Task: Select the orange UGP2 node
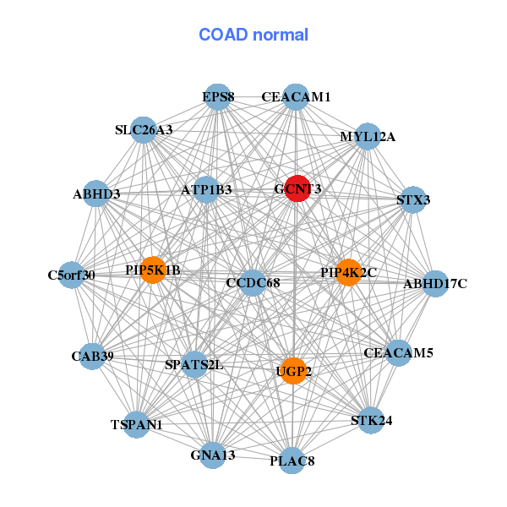coord(292,370)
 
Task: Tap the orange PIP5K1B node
coord(153,270)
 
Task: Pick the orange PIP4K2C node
coord(348,272)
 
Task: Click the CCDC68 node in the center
coord(252,282)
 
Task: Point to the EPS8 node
coord(218,97)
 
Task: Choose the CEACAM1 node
coord(294,97)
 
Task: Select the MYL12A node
coord(367,136)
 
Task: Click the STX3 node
coord(412,200)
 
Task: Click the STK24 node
coord(371,420)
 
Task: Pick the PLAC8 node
coord(292,461)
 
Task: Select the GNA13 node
coord(214,455)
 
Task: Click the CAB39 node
coord(93,357)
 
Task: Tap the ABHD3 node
coord(96,194)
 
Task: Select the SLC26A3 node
coord(144,130)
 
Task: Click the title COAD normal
coord(253,35)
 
